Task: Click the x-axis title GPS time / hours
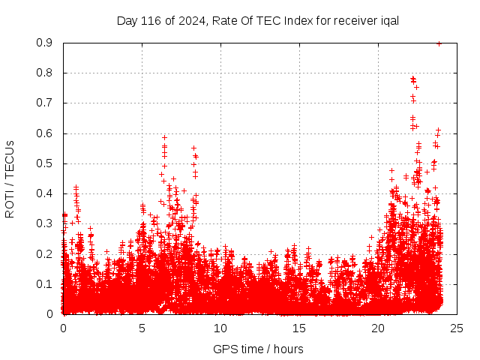click(258, 349)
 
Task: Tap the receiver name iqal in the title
click(387, 20)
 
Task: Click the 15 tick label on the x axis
click(299, 328)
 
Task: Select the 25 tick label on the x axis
click(457, 328)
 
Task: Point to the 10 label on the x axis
click(220, 328)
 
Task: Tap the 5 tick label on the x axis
click(142, 328)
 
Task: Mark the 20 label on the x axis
click(378, 328)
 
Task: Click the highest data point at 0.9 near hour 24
click(439, 43)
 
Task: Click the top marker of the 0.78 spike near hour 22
click(412, 78)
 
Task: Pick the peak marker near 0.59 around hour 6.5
click(164, 137)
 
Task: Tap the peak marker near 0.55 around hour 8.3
click(193, 148)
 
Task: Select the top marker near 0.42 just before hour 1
click(76, 187)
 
